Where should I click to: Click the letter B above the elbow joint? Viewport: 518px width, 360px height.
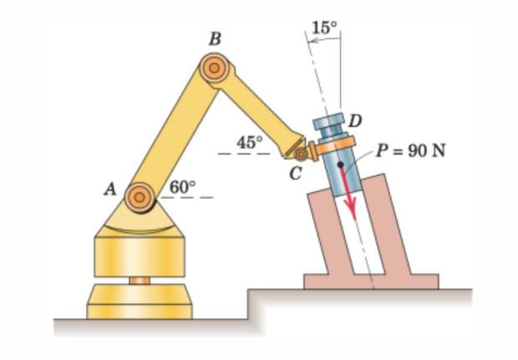(x=215, y=39)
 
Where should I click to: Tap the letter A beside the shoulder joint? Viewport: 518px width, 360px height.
(x=110, y=190)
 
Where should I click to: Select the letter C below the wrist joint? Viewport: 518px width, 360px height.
(x=295, y=174)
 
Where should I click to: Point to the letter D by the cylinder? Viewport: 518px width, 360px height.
(x=355, y=121)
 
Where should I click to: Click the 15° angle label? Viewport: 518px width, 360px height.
(x=325, y=28)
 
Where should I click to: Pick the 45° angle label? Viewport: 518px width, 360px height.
(x=250, y=142)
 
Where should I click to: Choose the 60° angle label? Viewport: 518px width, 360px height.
(x=183, y=187)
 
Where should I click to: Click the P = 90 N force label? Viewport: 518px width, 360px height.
(x=411, y=150)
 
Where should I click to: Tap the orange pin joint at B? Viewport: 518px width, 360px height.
(x=215, y=68)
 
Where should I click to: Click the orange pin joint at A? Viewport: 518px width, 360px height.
(x=140, y=197)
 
